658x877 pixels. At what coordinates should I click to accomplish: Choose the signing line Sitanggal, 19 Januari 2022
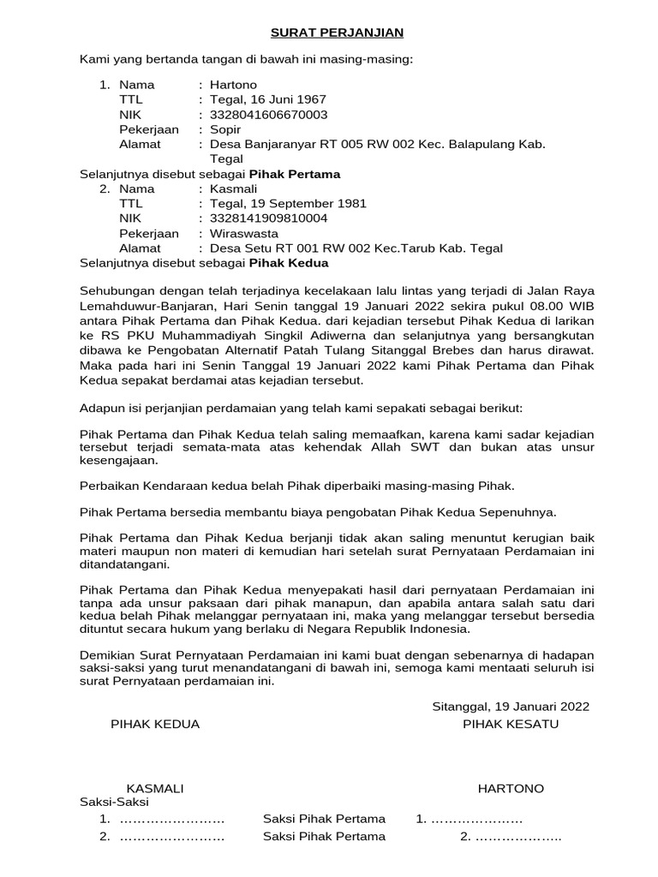tap(510, 707)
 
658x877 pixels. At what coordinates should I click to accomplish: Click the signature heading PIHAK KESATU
tap(511, 725)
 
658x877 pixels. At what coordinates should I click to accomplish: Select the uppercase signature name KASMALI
tap(155, 788)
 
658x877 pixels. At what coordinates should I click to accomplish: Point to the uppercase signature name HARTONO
tap(511, 788)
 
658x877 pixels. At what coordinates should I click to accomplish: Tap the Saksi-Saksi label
tap(114, 802)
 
